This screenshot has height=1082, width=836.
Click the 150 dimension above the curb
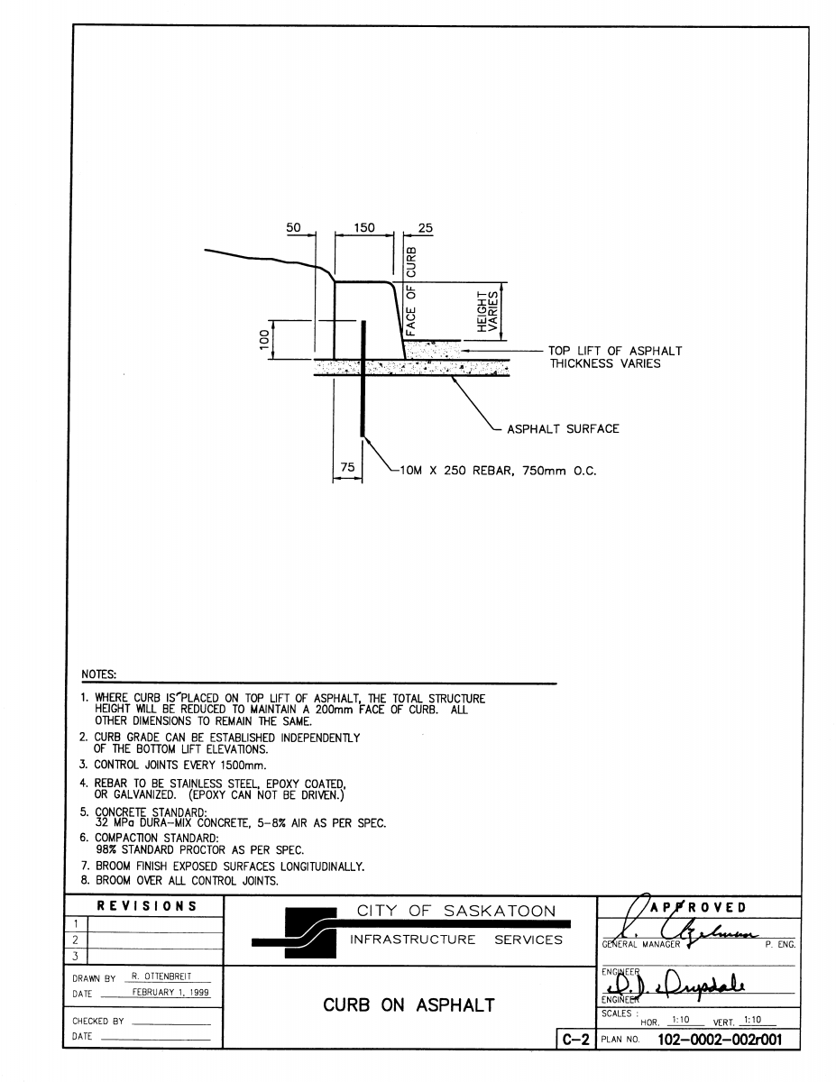pyautogui.click(x=364, y=229)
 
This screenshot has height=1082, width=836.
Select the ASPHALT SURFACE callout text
pyautogui.click(x=563, y=429)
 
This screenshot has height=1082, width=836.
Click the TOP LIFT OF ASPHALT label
pyautogui.click(x=615, y=352)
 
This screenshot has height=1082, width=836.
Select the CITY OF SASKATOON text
pyautogui.click(x=456, y=911)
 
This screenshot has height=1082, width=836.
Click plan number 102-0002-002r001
pyautogui.click(x=713, y=1040)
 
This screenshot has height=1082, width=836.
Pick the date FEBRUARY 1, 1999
pyautogui.click(x=165, y=991)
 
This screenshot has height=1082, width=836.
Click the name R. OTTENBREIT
pyautogui.click(x=161, y=977)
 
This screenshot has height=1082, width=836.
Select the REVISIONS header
pyautogui.click(x=148, y=906)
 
